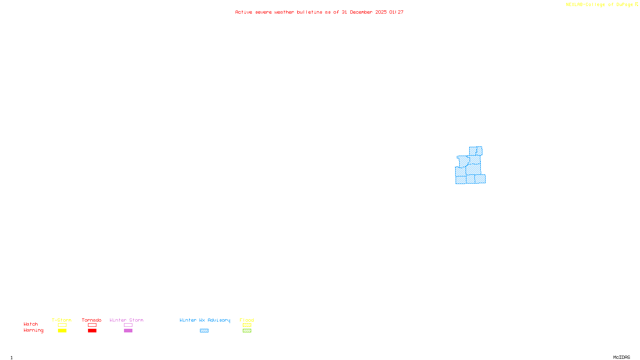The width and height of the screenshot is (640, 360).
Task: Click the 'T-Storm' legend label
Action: click(62, 320)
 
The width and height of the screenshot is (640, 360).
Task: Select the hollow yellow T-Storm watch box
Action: click(62, 325)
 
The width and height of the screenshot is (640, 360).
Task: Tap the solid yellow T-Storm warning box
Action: click(62, 331)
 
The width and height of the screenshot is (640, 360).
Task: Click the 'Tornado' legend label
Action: click(92, 320)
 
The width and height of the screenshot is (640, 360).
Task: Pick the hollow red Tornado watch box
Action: click(92, 325)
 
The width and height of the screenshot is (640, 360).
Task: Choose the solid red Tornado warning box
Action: click(92, 331)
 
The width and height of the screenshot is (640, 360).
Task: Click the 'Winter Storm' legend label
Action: click(126, 320)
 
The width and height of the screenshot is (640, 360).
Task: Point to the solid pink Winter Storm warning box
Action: click(128, 331)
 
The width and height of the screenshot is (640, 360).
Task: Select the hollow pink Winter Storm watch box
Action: click(128, 325)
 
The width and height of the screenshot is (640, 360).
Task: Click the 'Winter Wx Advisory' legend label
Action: click(205, 320)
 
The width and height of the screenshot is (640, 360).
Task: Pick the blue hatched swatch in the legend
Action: click(204, 331)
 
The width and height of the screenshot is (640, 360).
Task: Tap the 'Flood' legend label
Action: click(247, 320)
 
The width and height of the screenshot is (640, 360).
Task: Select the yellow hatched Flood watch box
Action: click(247, 325)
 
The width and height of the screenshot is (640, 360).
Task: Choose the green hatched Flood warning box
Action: click(247, 331)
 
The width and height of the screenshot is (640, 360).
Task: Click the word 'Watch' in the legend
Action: click(31, 324)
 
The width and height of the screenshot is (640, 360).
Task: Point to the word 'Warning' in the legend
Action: click(33, 330)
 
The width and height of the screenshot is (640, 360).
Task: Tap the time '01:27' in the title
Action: click(396, 12)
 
